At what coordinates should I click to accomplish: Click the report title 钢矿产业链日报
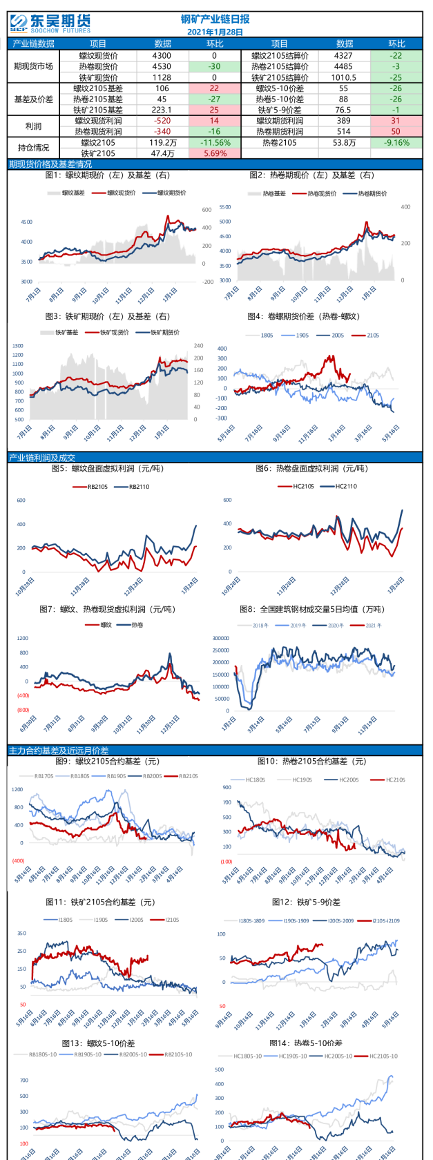(x=215, y=19)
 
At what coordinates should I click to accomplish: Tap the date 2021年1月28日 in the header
(x=215, y=32)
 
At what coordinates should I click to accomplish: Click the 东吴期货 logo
(x=50, y=24)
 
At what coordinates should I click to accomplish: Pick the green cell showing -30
(x=214, y=67)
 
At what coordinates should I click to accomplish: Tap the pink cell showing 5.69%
(x=214, y=153)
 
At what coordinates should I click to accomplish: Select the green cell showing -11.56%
(x=214, y=143)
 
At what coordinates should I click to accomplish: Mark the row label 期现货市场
(x=33, y=67)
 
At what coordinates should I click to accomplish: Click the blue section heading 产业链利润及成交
(x=42, y=458)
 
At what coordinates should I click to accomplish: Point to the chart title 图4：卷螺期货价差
(x=304, y=316)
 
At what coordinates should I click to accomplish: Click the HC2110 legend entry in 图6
(x=345, y=486)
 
